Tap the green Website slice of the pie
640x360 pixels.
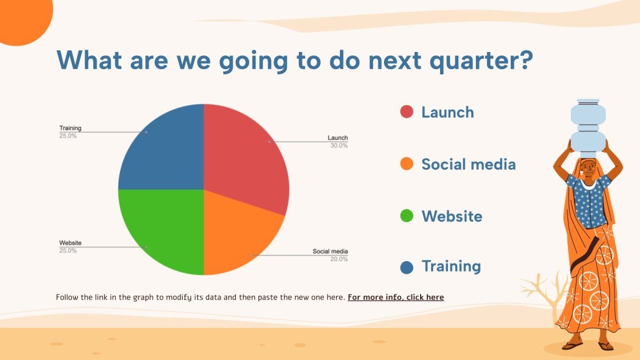pos(163,229)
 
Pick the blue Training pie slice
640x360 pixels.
pos(163,151)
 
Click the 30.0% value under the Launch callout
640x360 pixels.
pos(339,146)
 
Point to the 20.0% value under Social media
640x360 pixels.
pos(339,259)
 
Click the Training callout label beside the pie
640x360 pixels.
pos(70,128)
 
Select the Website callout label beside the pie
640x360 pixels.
pos(70,242)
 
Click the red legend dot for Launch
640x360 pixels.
pos(406,111)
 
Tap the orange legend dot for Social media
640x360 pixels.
pos(406,163)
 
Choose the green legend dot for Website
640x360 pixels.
pos(406,215)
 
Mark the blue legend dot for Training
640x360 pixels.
pos(406,267)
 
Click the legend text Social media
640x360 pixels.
pos(469,164)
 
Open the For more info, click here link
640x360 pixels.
pos(395,297)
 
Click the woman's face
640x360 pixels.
pos(588,169)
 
